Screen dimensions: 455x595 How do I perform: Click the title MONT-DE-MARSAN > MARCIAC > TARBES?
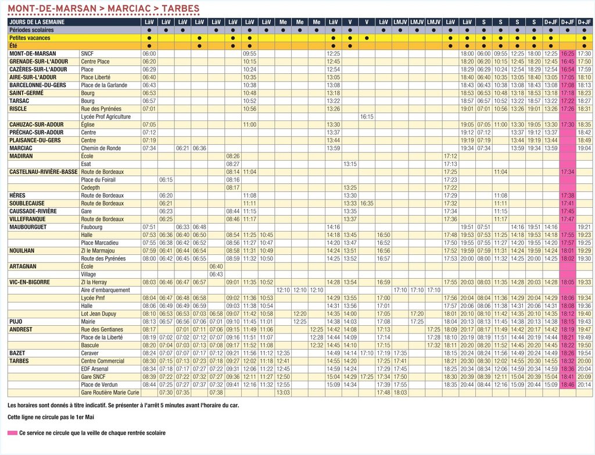(103, 9)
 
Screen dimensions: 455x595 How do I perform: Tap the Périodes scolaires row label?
(31, 30)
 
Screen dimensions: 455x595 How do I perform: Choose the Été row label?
(13, 45)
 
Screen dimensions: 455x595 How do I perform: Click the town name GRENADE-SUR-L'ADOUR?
(38, 61)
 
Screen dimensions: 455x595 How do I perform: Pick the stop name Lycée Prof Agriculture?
(106, 116)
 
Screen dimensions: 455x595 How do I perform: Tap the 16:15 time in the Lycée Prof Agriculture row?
(367, 116)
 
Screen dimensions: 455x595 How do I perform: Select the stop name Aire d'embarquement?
(105, 290)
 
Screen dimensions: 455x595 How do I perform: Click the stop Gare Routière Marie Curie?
(110, 392)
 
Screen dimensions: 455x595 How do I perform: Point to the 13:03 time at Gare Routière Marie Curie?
(283, 392)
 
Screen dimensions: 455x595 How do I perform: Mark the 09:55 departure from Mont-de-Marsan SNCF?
(250, 54)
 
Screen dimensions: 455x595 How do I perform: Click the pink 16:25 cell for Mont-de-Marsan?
(568, 54)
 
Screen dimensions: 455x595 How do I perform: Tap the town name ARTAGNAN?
(23, 266)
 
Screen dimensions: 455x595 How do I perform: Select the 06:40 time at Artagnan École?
(216, 266)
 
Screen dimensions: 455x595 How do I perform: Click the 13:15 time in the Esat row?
(350, 164)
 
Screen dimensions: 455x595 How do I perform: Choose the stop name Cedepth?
(90, 187)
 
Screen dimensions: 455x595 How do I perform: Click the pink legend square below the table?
(12, 433)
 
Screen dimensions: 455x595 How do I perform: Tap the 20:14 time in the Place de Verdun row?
(585, 384)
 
